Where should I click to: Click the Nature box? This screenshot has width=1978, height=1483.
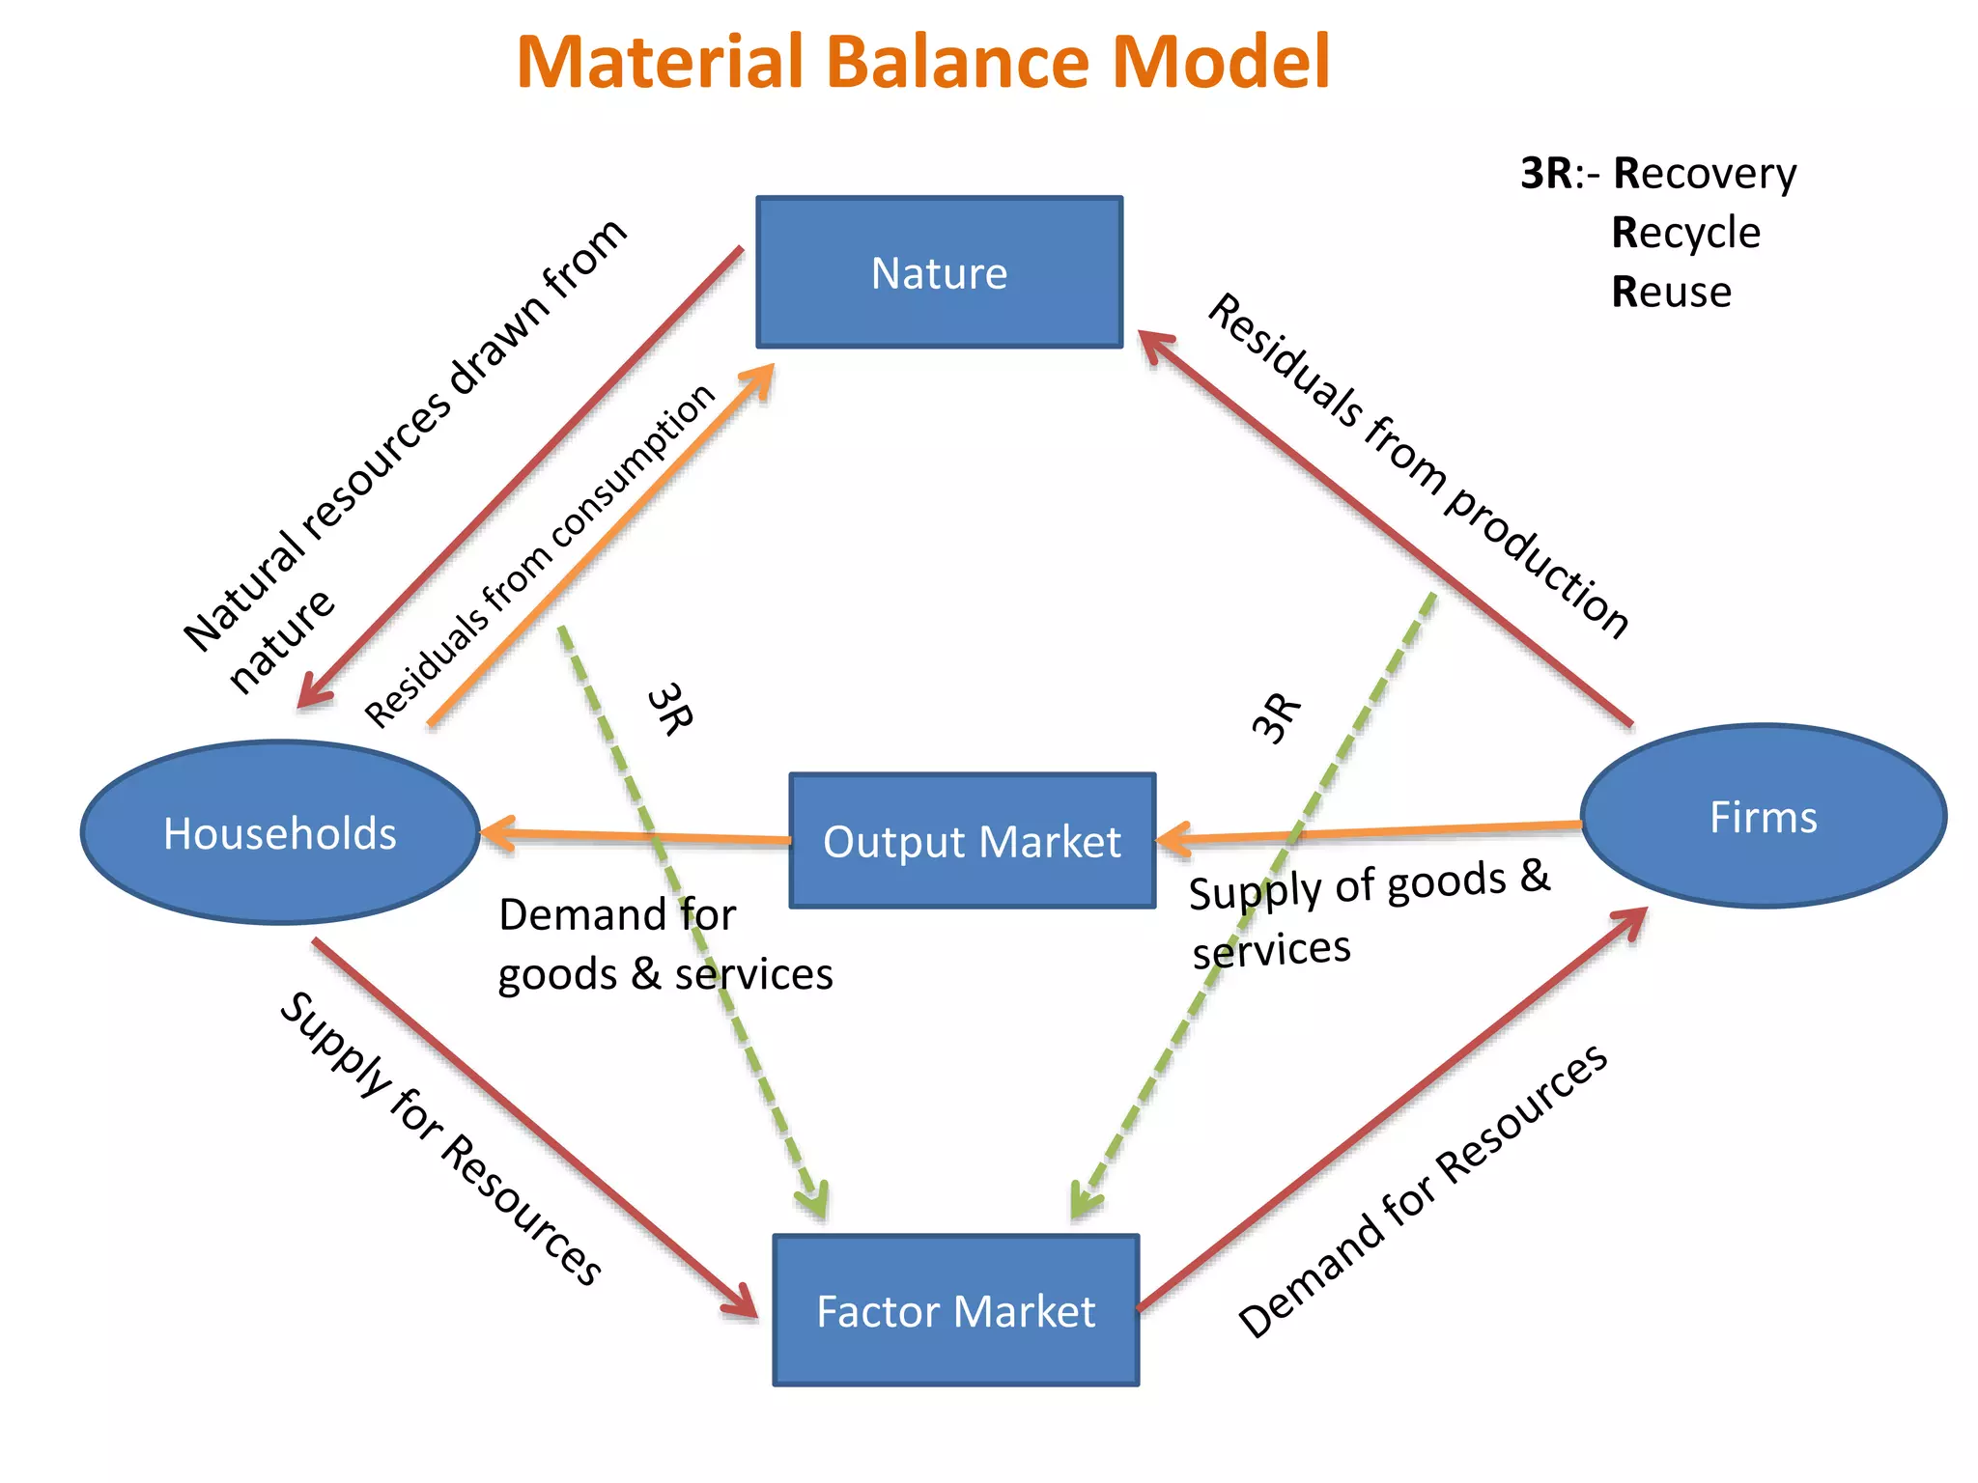(x=939, y=272)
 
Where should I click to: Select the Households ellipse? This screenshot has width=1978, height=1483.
(x=280, y=832)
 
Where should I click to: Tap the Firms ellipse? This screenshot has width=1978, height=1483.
(x=1764, y=817)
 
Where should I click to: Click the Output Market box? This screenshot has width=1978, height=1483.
(x=972, y=841)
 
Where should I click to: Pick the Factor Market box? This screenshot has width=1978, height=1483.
(x=956, y=1310)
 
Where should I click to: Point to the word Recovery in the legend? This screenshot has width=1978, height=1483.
(x=1705, y=174)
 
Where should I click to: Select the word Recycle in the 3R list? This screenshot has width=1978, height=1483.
(x=1685, y=233)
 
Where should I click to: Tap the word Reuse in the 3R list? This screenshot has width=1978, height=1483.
(x=1671, y=292)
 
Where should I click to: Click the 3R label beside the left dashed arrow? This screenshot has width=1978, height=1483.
(x=669, y=710)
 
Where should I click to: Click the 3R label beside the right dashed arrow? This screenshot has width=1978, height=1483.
(x=1277, y=717)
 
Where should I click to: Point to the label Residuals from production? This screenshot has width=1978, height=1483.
(x=1418, y=465)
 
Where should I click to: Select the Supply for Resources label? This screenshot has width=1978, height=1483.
(x=440, y=1138)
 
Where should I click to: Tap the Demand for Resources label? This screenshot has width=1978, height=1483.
(x=1423, y=1191)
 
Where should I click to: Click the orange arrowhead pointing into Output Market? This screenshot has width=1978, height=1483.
(x=1172, y=839)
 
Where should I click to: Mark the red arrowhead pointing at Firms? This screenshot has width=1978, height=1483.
(x=1632, y=922)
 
